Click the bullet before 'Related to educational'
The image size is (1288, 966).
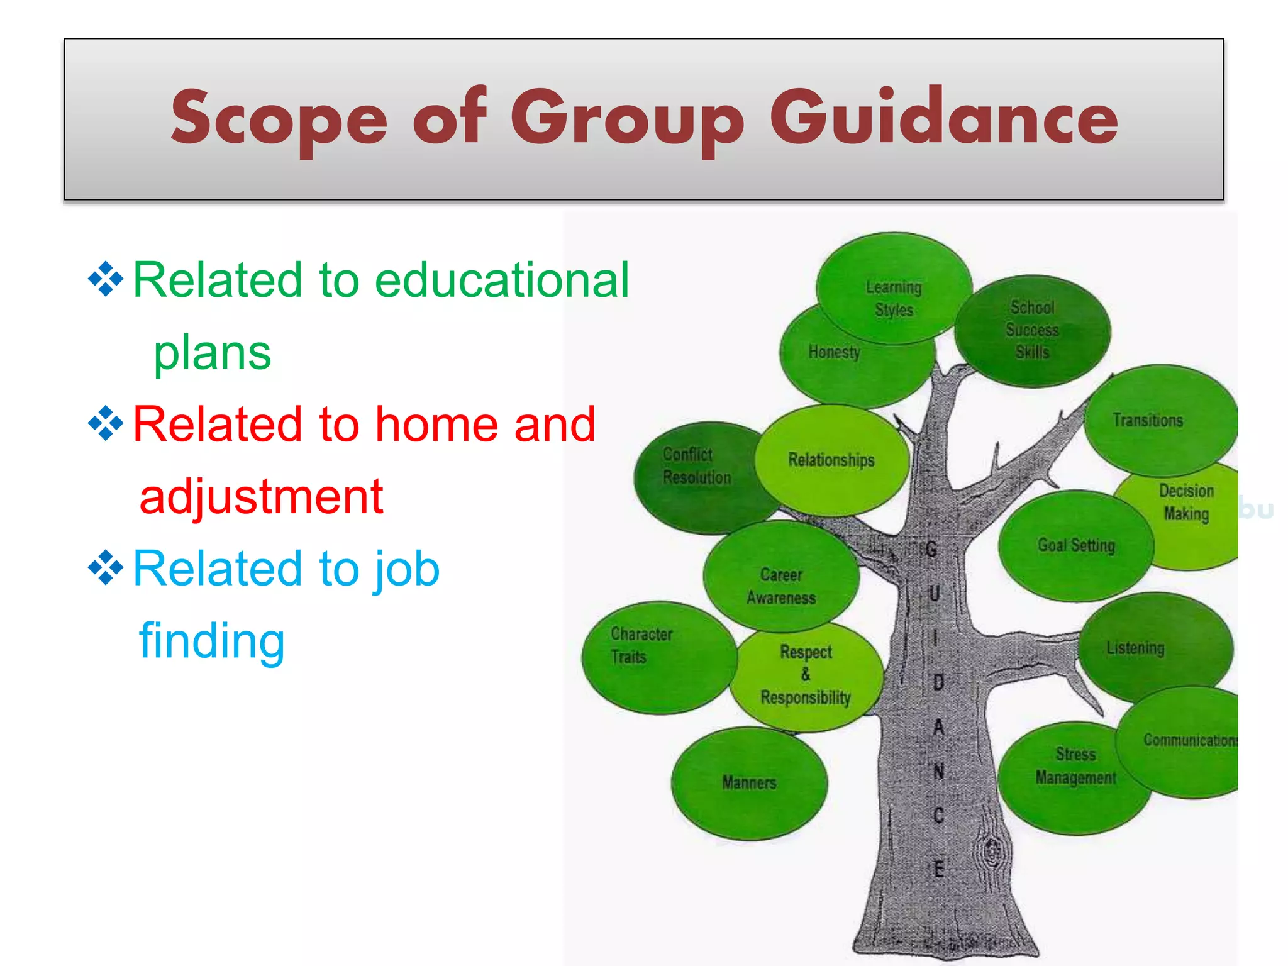(x=106, y=279)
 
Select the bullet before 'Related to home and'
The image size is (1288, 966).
(x=106, y=423)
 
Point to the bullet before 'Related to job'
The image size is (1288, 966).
(x=106, y=567)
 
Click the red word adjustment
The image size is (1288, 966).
(x=261, y=497)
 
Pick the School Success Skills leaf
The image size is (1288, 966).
(x=1031, y=330)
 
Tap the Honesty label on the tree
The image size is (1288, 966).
(x=834, y=352)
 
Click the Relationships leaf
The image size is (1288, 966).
(x=831, y=460)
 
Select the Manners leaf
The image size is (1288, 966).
(x=748, y=783)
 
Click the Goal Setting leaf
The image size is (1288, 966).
(x=1075, y=545)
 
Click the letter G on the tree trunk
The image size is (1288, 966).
(x=931, y=549)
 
